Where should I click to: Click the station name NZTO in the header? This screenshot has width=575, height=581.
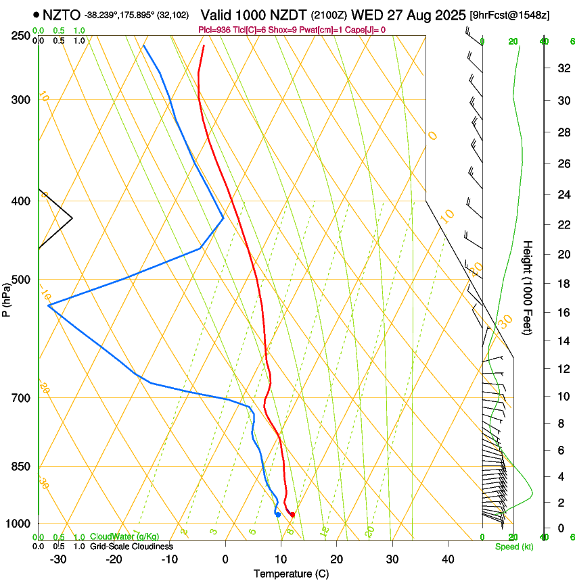point(62,14)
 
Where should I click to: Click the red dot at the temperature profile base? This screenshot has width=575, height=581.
point(292,515)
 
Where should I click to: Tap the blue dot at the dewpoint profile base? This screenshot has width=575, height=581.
point(278,515)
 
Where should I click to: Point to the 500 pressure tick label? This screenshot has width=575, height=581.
point(22,280)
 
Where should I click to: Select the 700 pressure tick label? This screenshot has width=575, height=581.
point(22,398)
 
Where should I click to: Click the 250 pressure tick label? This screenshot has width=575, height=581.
point(22,36)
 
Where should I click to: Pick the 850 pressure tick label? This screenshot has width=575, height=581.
point(22,467)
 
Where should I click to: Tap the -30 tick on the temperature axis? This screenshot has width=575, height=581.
point(58,559)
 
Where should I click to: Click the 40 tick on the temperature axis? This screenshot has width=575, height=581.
point(448,559)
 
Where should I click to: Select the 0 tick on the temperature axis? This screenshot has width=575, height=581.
point(225,559)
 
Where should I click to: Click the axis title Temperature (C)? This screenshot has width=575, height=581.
point(291,574)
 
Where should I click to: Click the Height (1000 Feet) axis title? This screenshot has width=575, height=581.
point(528,287)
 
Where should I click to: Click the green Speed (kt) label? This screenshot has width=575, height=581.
point(513,547)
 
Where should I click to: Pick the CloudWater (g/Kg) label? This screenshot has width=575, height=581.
point(124,537)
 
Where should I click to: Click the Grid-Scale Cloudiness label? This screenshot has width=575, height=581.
point(131,547)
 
